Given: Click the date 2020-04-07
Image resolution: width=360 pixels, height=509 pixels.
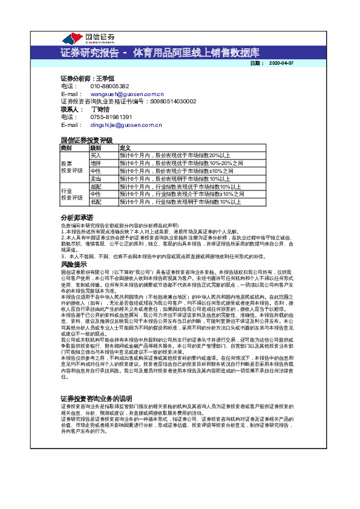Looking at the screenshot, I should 281,63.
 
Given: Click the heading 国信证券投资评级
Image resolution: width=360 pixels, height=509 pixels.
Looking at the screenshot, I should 87,140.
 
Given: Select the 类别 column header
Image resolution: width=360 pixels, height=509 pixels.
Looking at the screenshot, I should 66,148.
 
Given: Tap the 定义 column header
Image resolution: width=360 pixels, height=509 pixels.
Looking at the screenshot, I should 125,148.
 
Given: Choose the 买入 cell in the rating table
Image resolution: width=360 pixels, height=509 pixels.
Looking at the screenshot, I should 96,155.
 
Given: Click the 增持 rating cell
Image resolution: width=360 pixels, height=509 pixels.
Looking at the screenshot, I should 96,163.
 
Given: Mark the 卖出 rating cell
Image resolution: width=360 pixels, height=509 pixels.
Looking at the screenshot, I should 96,179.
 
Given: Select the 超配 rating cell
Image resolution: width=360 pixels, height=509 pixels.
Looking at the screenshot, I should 96,187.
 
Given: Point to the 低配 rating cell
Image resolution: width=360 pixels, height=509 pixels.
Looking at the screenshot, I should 96,202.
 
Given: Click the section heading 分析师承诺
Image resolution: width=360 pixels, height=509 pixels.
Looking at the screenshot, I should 77,217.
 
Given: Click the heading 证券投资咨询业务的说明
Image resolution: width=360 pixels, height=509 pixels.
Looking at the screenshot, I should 96,382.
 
